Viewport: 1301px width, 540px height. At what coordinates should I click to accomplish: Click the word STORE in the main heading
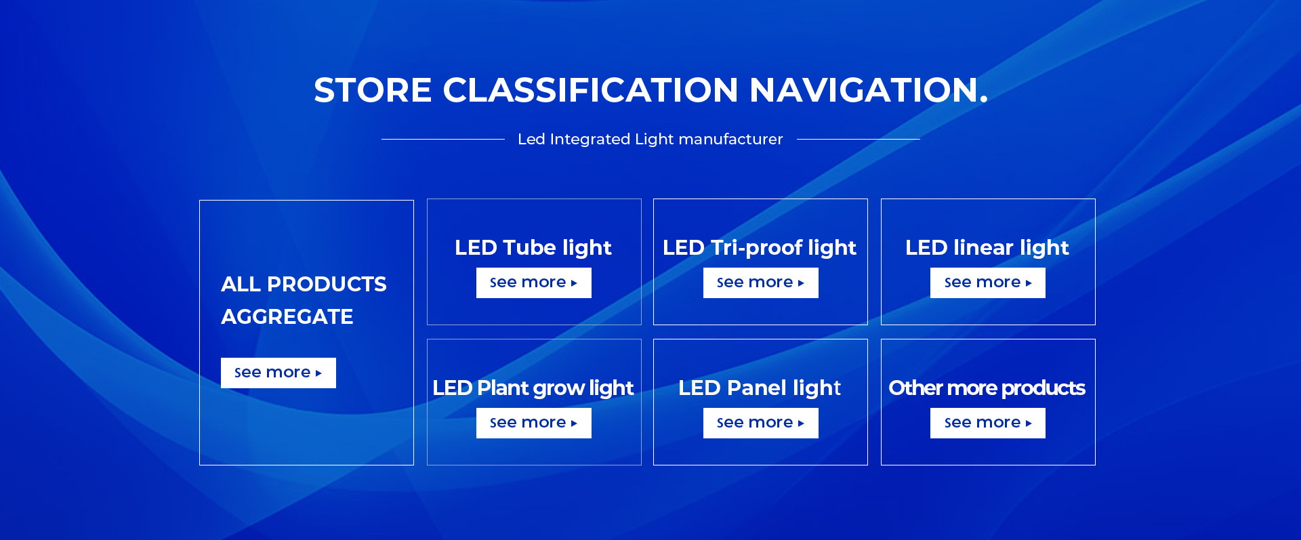point(373,90)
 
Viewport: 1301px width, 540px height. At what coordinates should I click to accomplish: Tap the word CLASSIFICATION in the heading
point(590,90)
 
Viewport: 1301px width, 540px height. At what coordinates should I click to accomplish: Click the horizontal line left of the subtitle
point(443,139)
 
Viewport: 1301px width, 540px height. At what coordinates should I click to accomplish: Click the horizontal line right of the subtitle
point(859,139)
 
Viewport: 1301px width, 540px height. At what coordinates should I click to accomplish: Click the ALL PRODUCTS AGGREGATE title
point(304,300)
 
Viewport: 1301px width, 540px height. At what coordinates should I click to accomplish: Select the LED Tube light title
point(533,248)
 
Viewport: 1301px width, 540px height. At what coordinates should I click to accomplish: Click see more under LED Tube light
point(534,283)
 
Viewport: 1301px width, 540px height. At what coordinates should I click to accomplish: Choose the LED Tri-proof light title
point(760,248)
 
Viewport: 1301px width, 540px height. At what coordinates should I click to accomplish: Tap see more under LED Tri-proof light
point(761,283)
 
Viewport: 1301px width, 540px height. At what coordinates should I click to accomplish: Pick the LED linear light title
point(987,248)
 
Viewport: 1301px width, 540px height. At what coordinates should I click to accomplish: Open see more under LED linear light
point(988,283)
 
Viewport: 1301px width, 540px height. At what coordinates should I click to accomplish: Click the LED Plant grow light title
point(533,388)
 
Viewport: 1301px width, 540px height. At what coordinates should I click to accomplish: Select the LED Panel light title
point(760,388)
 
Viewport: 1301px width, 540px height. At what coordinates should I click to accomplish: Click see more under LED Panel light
point(761,423)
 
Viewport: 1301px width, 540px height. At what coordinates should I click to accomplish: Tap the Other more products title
point(987,388)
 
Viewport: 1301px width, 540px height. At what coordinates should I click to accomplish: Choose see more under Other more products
point(988,423)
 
